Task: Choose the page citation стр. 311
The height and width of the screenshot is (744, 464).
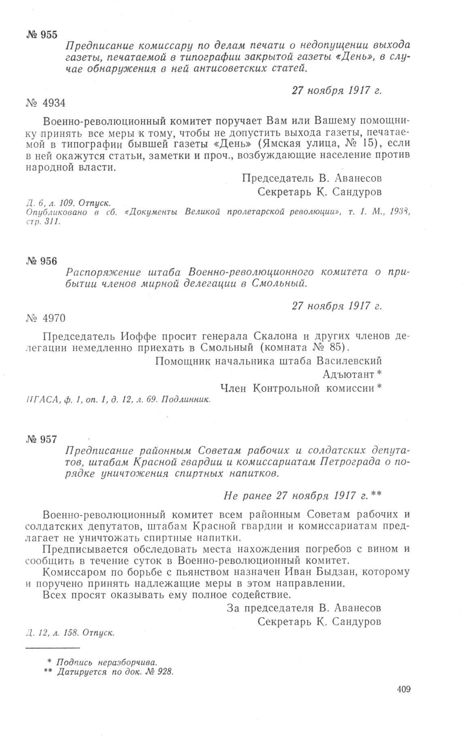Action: click(x=42, y=222)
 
